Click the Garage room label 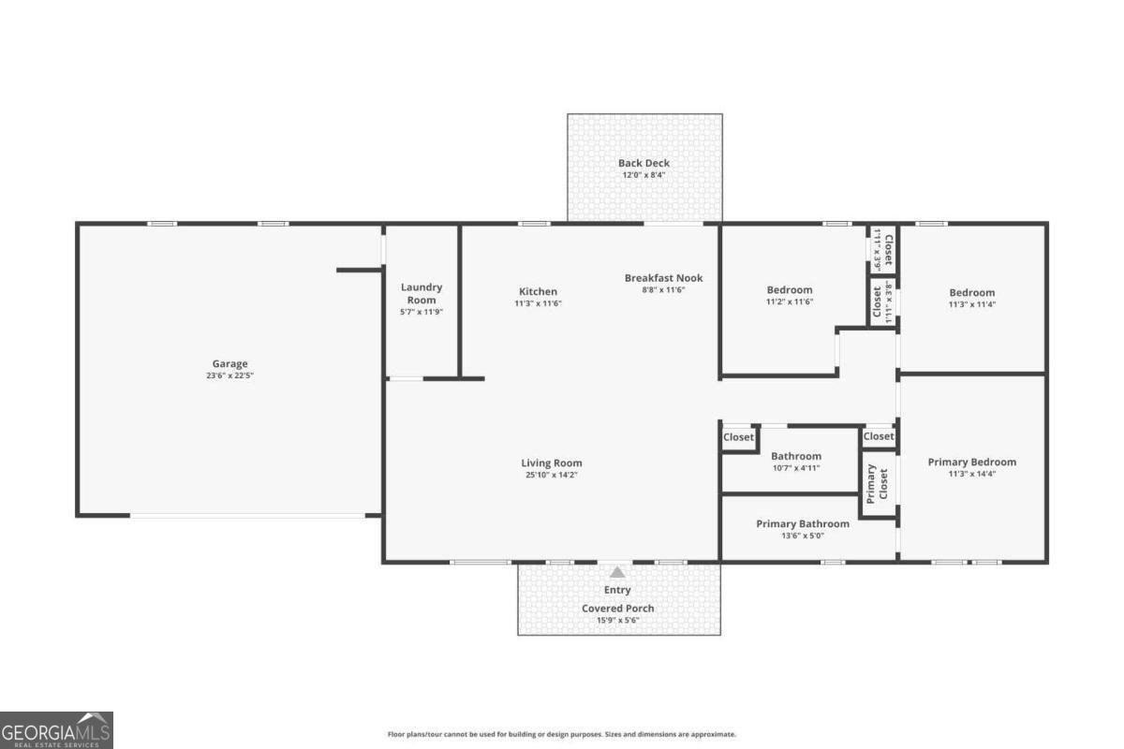pyautogui.click(x=229, y=364)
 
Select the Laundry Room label pyautogui.click(x=421, y=293)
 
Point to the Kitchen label pyautogui.click(x=538, y=291)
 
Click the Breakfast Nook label pyautogui.click(x=663, y=278)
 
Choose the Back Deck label pyautogui.click(x=643, y=163)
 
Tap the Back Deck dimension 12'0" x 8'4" pyautogui.click(x=643, y=175)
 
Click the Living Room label pyautogui.click(x=551, y=463)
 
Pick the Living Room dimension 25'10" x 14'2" pyautogui.click(x=551, y=476)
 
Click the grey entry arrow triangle pyautogui.click(x=617, y=572)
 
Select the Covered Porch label pyautogui.click(x=617, y=609)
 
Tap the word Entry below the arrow pyautogui.click(x=617, y=590)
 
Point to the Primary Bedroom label pyautogui.click(x=971, y=462)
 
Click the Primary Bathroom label pyautogui.click(x=803, y=523)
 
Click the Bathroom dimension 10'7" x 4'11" pyautogui.click(x=795, y=468)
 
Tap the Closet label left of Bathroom pyautogui.click(x=738, y=437)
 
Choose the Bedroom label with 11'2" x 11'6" pyautogui.click(x=790, y=290)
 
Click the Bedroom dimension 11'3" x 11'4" pyautogui.click(x=971, y=304)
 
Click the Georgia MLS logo pyautogui.click(x=56, y=729)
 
